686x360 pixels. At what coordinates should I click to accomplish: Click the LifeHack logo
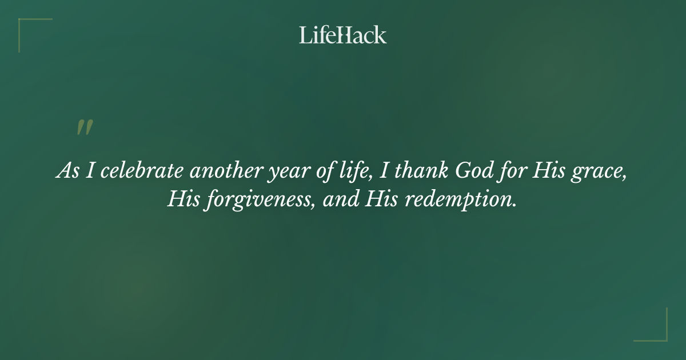342,35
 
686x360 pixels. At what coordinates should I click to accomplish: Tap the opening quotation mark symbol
84,128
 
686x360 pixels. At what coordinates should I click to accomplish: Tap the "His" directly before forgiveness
181,200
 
